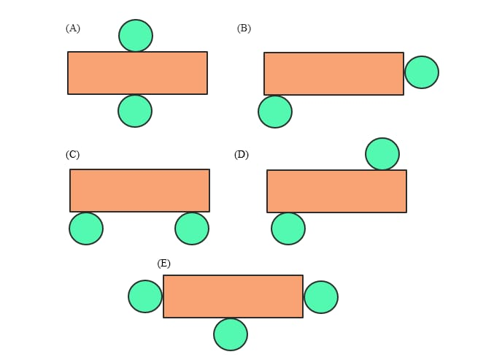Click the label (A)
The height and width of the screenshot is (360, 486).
tap(73, 28)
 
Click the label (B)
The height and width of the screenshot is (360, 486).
tap(244, 28)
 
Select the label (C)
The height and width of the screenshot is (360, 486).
tap(72, 155)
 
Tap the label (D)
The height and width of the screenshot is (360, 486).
tap(242, 155)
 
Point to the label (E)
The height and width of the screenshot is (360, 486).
tap(163, 264)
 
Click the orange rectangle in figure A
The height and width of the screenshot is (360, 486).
tap(137, 73)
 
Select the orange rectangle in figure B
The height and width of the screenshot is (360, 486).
tap(333, 74)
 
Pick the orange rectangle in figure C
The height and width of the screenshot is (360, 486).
tap(139, 191)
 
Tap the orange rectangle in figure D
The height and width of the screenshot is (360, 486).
tap(336, 191)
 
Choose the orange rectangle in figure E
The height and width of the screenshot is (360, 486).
tap(233, 296)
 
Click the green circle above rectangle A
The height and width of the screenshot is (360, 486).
tap(136, 36)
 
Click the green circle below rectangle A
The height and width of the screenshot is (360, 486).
tap(135, 111)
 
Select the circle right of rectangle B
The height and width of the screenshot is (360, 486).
tap(422, 72)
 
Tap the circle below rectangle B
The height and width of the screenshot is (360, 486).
tap(275, 112)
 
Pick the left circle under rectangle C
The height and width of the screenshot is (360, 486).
tap(86, 229)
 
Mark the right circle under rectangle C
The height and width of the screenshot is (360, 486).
tap(192, 229)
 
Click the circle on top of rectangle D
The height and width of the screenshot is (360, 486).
tap(382, 154)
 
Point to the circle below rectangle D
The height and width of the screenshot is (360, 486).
tap(288, 229)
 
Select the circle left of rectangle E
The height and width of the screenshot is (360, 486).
tap(145, 296)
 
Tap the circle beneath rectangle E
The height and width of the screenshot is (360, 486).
tap(231, 334)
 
